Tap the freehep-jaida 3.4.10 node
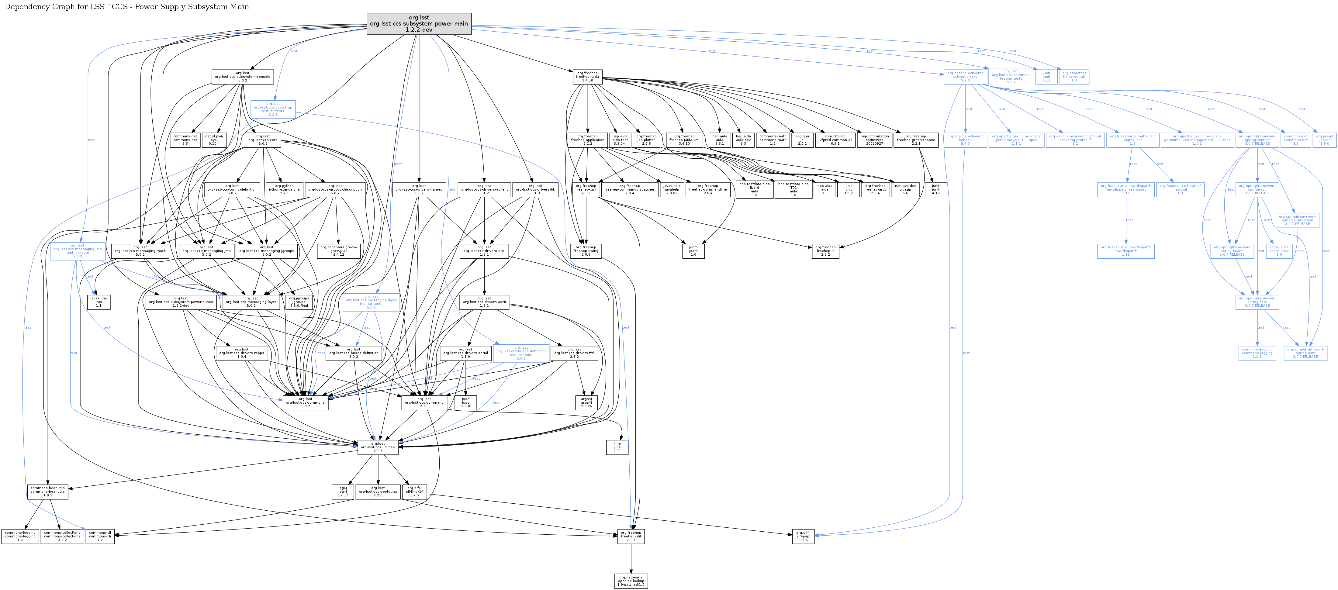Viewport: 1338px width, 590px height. tap(587, 77)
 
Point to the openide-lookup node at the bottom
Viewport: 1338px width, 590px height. tap(631, 581)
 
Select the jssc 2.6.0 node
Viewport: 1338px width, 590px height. tap(465, 402)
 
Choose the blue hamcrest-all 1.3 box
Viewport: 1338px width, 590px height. tap(1074, 77)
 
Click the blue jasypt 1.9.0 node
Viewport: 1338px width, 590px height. tap(1325, 140)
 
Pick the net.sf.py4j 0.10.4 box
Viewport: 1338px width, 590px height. tap(215, 140)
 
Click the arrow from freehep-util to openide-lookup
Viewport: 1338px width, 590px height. tap(631, 559)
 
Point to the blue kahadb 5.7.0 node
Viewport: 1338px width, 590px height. tap(965, 140)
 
